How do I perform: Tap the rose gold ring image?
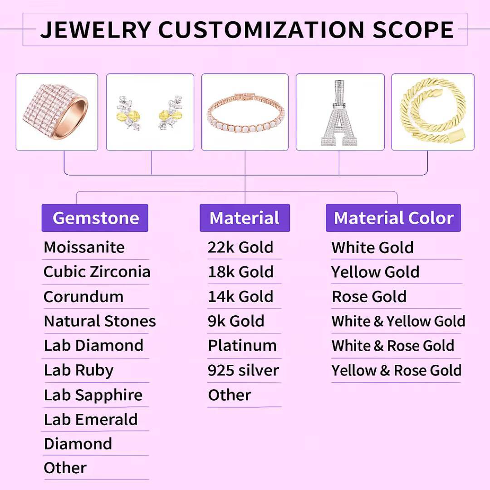click(x=56, y=112)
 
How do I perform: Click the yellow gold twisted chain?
click(x=432, y=112)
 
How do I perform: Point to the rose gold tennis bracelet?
click(x=245, y=113)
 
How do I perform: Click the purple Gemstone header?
click(x=95, y=218)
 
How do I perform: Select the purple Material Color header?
click(x=393, y=218)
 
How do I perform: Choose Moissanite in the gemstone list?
click(x=84, y=247)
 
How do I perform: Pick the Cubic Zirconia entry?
click(x=97, y=272)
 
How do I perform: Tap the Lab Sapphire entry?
click(x=93, y=395)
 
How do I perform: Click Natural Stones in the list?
click(x=100, y=321)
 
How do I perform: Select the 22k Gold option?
click(x=240, y=247)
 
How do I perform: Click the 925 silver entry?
click(x=243, y=370)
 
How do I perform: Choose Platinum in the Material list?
click(x=242, y=346)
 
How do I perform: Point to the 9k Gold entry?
click(x=236, y=321)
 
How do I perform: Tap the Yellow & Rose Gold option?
click(x=396, y=370)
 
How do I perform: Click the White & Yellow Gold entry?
click(x=398, y=321)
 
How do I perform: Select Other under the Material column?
click(x=229, y=395)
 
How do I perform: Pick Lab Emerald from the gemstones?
click(x=91, y=419)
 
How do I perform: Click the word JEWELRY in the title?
click(x=95, y=29)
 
